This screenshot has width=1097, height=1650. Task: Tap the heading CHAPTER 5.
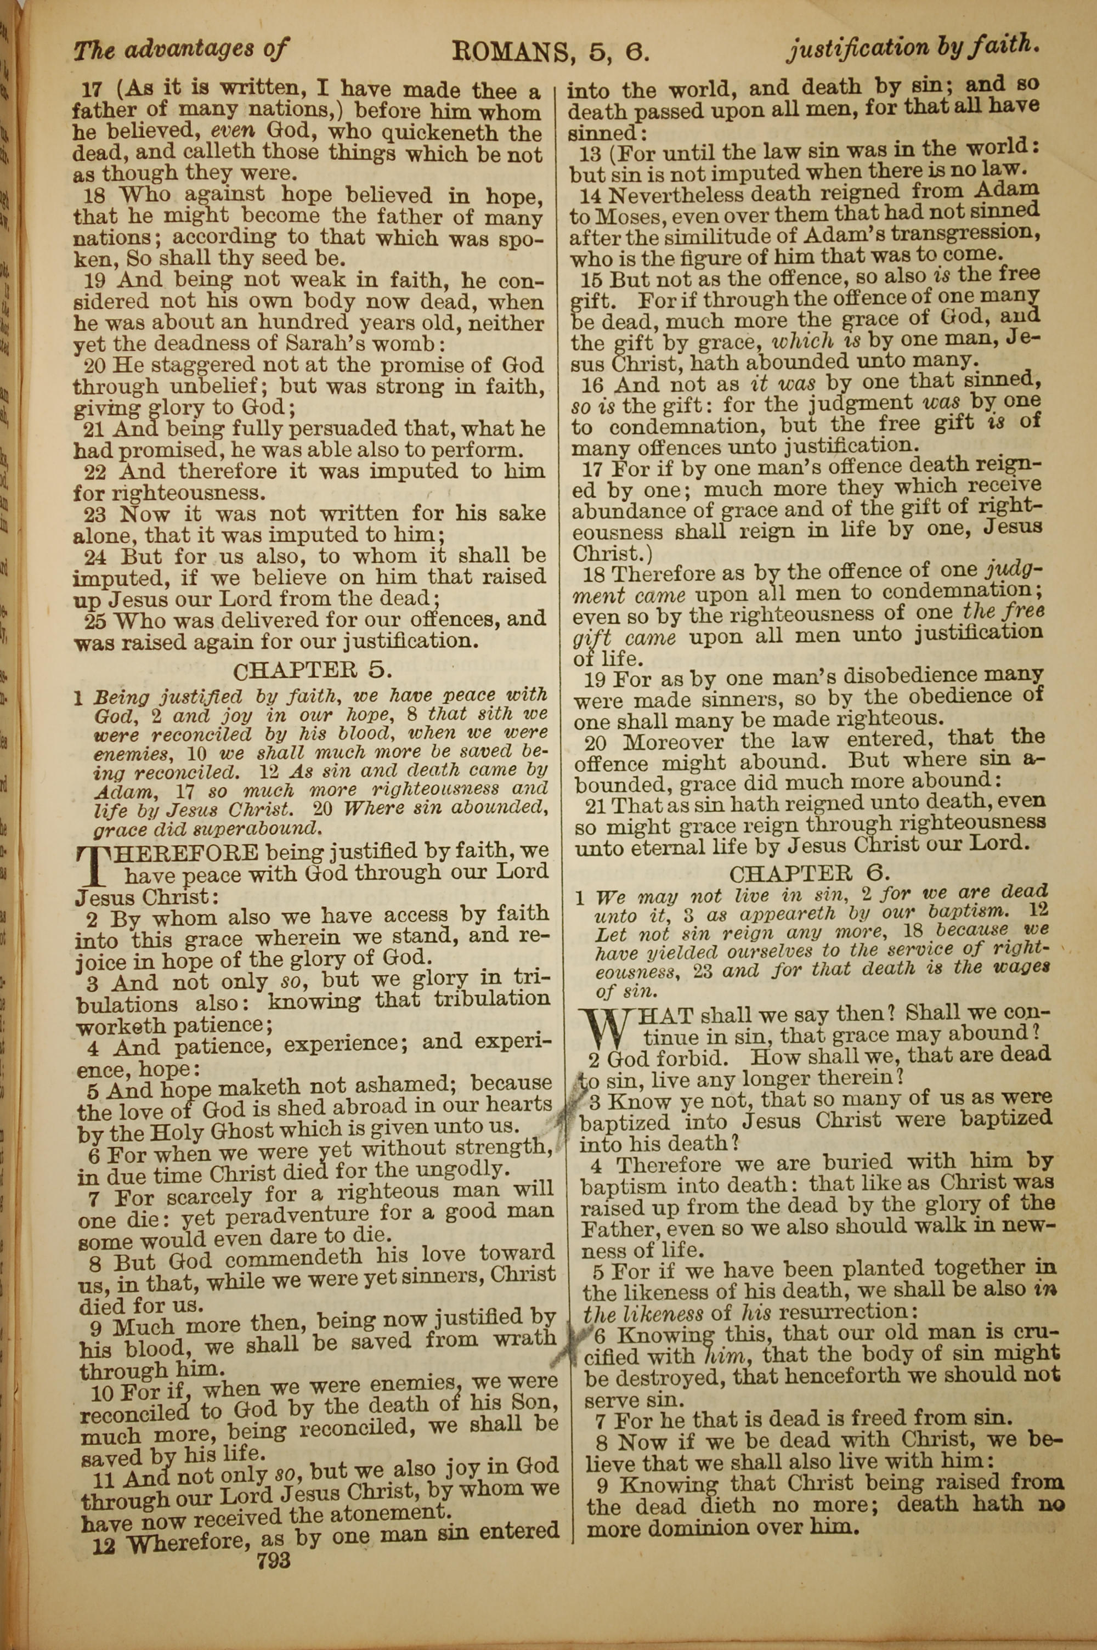[x=312, y=671]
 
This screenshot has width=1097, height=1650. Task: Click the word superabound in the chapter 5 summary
[x=266, y=828]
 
